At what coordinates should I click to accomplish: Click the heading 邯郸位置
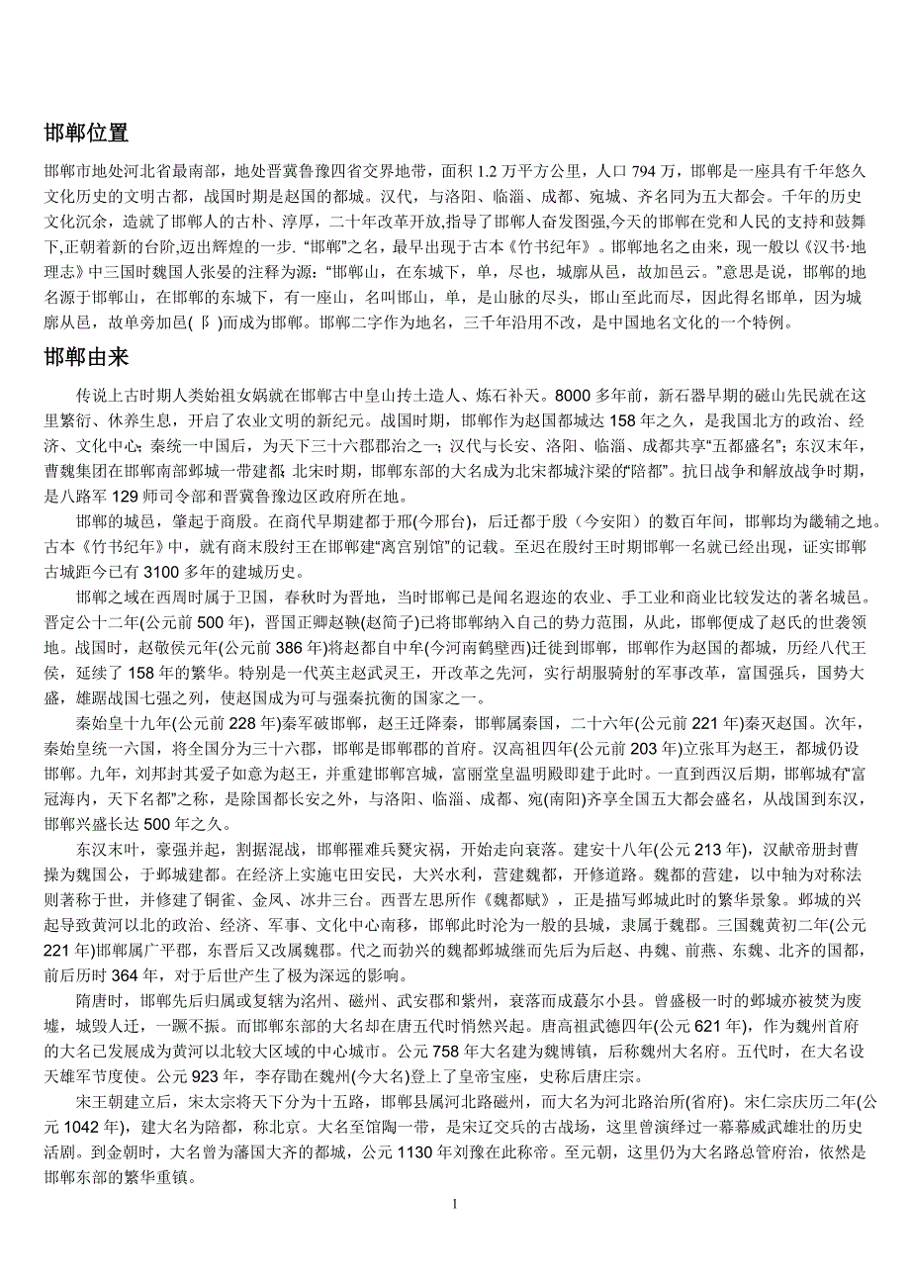[86, 133]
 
